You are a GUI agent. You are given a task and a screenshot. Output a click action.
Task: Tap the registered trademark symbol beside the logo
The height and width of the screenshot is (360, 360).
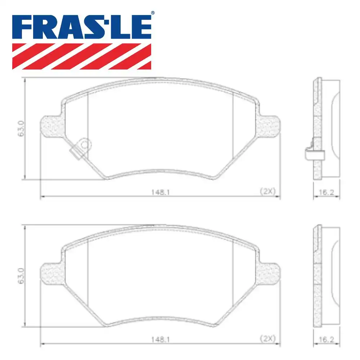[x=153, y=13]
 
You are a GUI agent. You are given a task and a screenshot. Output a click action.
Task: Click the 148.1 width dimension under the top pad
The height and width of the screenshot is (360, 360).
[x=160, y=192]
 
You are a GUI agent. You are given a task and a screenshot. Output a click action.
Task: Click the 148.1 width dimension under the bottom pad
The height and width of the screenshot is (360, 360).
[x=160, y=339]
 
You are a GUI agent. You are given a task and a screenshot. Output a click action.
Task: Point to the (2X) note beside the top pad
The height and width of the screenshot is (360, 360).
[x=267, y=192]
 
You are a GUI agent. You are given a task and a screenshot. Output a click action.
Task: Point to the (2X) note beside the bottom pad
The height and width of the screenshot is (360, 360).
[x=267, y=339]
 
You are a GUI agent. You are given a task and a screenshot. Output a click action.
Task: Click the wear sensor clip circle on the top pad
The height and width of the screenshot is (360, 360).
[x=85, y=145]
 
